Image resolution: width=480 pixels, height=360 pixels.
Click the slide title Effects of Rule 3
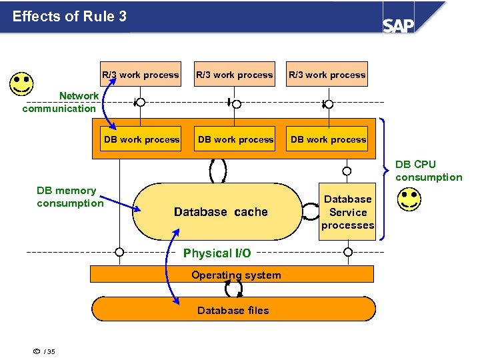pyautogui.click(x=69, y=16)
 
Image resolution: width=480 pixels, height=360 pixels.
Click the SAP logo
pyautogui.click(x=398, y=25)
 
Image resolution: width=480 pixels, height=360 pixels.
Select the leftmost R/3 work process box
pyautogui.click(x=141, y=75)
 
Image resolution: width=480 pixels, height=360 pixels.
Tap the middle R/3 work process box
pyautogui.click(x=234, y=75)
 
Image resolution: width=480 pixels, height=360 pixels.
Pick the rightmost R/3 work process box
pyautogui.click(x=327, y=75)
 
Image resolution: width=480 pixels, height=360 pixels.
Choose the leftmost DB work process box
pyautogui.click(x=141, y=139)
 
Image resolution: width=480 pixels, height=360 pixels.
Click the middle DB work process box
pyautogui.click(x=235, y=139)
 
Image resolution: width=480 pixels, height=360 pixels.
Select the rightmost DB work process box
pyautogui.click(x=328, y=139)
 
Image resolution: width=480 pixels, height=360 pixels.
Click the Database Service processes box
pyautogui.click(x=347, y=212)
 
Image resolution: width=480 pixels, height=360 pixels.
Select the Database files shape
pyautogui.click(x=233, y=309)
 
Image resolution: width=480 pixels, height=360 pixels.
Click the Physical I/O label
pyautogui.click(x=217, y=253)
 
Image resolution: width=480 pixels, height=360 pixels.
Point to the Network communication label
pyautogui.click(x=60, y=102)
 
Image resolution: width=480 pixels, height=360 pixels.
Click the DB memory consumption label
pyautogui.click(x=69, y=197)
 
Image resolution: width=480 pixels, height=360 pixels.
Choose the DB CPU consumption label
pyautogui.click(x=428, y=171)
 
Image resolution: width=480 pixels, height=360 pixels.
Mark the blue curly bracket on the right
pyautogui.click(x=385, y=177)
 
